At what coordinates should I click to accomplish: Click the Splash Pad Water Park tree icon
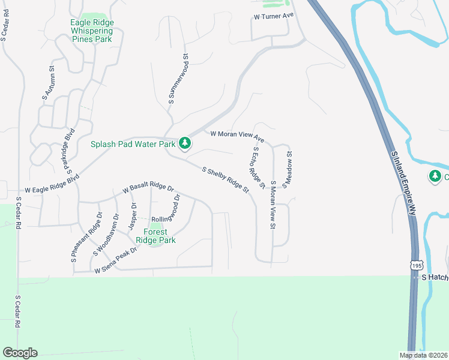point(185,143)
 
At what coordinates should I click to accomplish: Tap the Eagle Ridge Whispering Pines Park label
point(92,31)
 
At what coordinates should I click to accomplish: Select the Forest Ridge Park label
point(155,236)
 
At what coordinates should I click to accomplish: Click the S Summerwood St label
point(179,80)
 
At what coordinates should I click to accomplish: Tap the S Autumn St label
point(49,82)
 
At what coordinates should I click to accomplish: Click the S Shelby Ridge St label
point(226,180)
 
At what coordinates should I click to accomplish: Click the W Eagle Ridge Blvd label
point(52,183)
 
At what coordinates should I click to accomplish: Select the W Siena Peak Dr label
point(116,261)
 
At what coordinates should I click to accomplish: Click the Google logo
point(20,353)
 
